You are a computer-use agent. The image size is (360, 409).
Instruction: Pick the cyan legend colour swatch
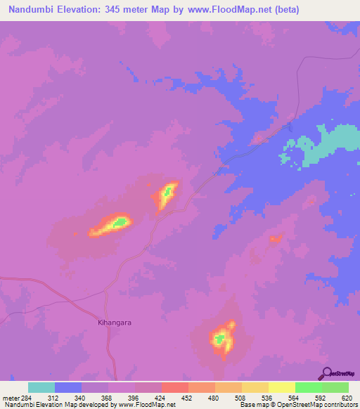[41, 387]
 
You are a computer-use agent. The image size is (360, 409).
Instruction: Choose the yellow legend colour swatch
[255, 387]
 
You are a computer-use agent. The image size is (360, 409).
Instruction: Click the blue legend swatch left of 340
[68, 387]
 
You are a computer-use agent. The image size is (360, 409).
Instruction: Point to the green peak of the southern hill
[221, 339]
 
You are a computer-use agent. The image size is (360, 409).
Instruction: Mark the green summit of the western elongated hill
[120, 223]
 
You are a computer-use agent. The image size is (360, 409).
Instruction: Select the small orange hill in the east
[275, 239]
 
